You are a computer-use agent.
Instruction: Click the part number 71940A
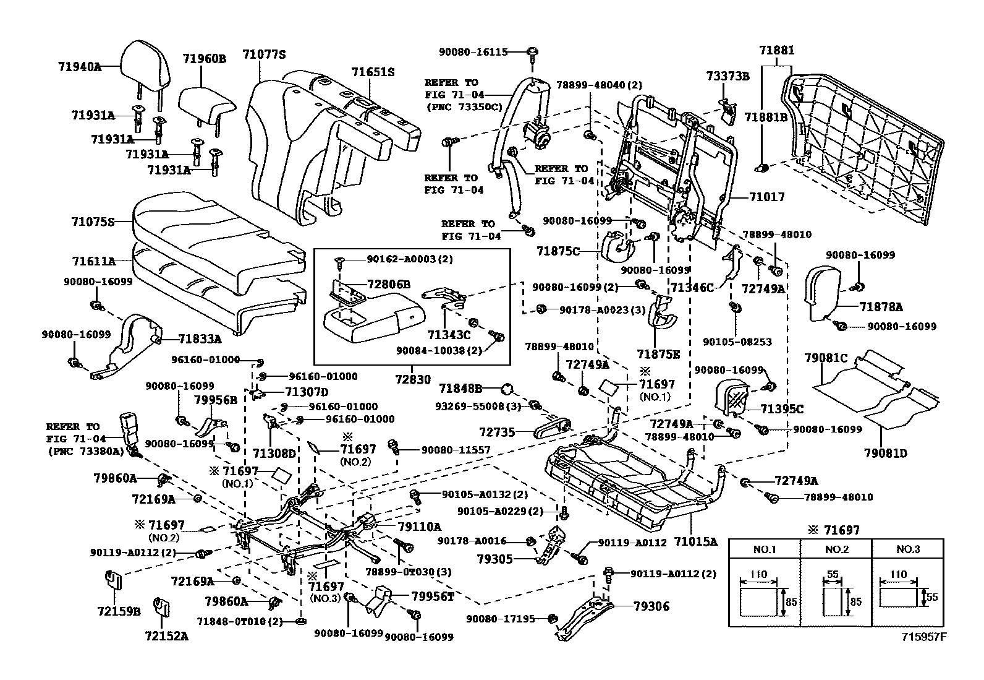coord(80,66)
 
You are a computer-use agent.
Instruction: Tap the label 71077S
coord(264,54)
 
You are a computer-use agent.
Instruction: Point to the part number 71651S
coord(373,72)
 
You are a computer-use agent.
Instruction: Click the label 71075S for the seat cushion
coord(93,221)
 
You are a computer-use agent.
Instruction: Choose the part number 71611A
coord(93,261)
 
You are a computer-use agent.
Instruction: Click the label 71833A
coord(200,338)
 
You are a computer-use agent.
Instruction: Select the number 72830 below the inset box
coord(413,379)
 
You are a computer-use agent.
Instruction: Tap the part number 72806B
coord(388,284)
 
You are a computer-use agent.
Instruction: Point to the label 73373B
coord(728,76)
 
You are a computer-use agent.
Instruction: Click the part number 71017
coord(766,197)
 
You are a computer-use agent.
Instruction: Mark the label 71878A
coord(880,306)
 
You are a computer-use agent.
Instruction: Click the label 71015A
coord(695,541)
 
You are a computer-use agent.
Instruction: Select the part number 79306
coord(651,606)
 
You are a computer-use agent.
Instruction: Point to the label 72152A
coord(166,635)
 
